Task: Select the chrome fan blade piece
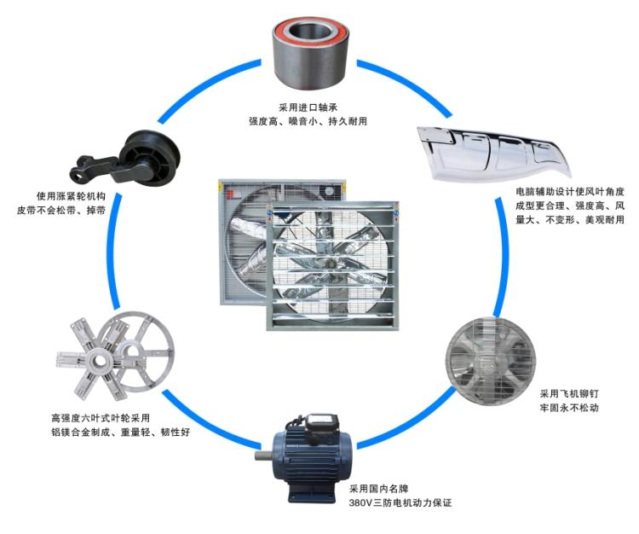(x=493, y=153)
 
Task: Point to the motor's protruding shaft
(x=264, y=456)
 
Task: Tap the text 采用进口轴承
(x=308, y=107)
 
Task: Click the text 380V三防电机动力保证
(x=400, y=502)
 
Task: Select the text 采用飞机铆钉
(x=569, y=393)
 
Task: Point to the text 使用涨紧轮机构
(x=71, y=196)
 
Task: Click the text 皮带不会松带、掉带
(x=61, y=211)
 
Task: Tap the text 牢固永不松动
(x=569, y=408)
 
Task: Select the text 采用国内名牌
(x=378, y=489)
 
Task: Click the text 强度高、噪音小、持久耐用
(x=308, y=121)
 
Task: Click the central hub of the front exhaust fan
(x=331, y=264)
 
